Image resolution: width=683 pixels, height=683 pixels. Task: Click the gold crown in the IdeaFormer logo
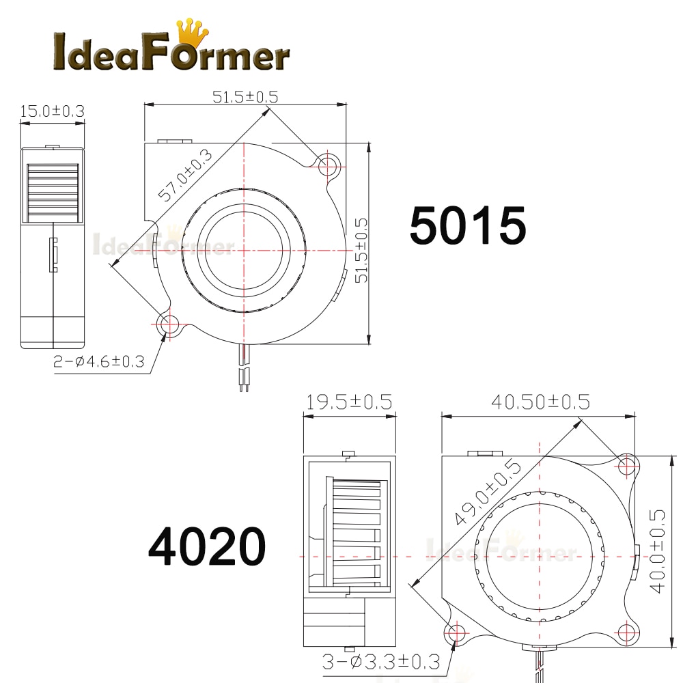coord(192,33)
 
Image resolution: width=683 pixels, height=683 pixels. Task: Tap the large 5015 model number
coord(468,225)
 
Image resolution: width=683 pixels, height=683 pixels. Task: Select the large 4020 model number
coord(206,546)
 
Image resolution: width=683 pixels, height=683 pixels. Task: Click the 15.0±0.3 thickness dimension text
coord(53,111)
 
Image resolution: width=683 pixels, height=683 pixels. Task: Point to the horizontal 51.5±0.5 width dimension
coord(245,97)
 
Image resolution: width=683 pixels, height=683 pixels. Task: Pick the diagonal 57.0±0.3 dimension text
coord(184,176)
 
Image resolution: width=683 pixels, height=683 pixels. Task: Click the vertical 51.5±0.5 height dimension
coord(361,251)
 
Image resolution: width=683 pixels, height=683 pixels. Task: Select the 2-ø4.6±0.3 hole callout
coord(98,361)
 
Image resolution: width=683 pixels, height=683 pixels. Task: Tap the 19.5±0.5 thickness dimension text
coord(349,402)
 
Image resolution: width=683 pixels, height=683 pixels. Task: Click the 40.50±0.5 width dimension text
coord(540,402)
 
